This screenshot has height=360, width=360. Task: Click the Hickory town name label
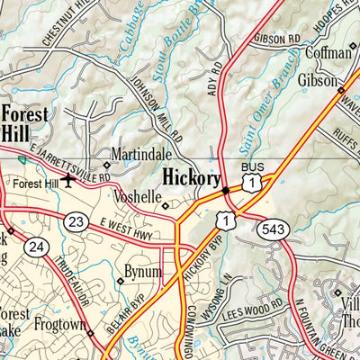(192, 179)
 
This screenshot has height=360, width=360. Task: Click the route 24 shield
(35, 247)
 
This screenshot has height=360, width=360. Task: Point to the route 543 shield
(272, 229)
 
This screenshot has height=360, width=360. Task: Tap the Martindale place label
(136, 155)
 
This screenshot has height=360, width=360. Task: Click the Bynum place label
(143, 271)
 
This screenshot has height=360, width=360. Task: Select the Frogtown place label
(61, 321)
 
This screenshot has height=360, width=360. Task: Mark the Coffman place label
(328, 52)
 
